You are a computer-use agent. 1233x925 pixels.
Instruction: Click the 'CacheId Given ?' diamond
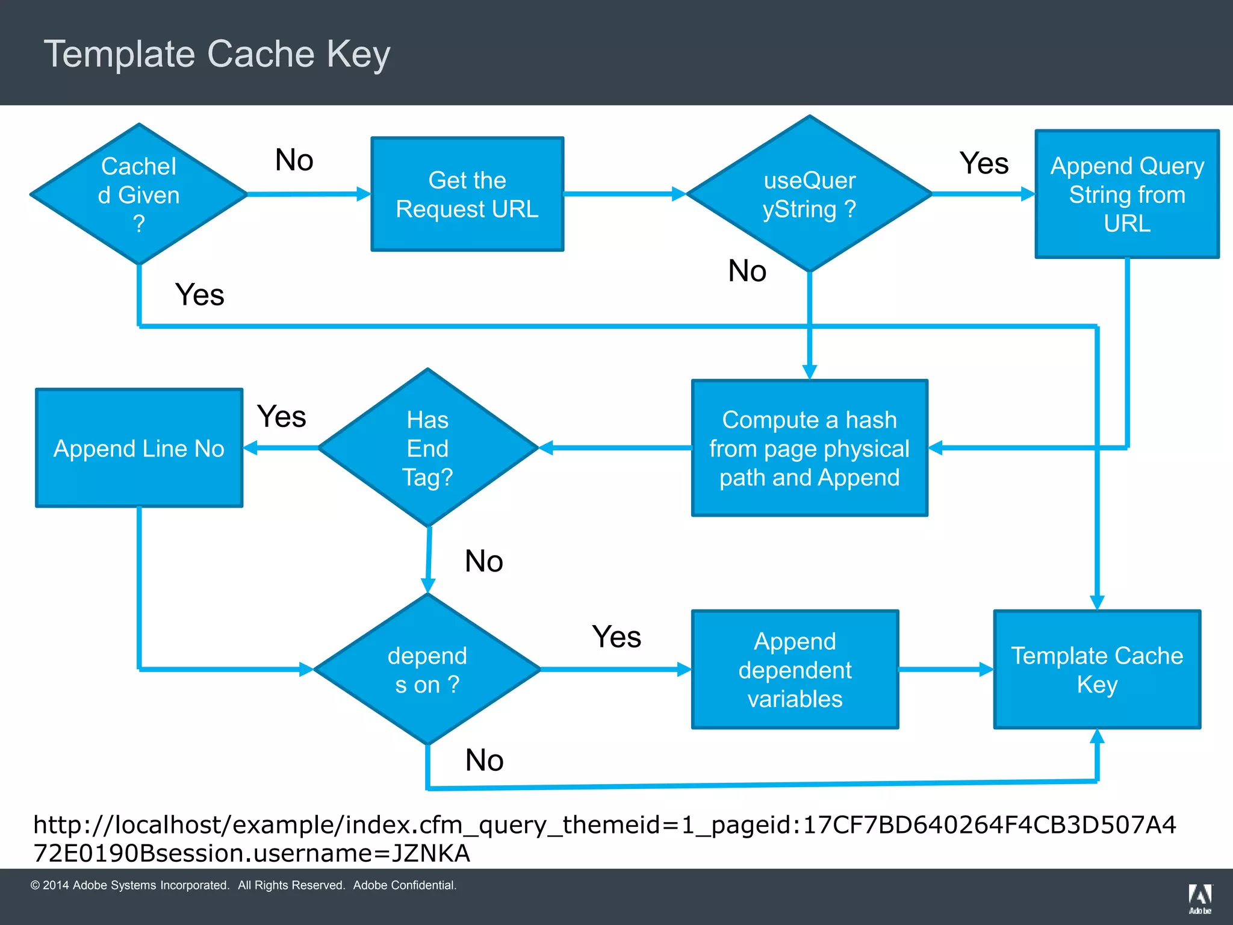(x=139, y=194)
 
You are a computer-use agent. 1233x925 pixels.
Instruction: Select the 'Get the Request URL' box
(x=467, y=194)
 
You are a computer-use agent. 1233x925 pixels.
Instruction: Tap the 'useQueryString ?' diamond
(x=809, y=194)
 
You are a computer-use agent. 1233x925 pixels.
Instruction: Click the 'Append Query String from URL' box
(x=1126, y=194)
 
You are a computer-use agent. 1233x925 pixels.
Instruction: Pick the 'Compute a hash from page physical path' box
(x=809, y=448)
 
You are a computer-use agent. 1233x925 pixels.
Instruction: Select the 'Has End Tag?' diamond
(x=427, y=448)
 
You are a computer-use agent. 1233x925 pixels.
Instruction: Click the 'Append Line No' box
(x=139, y=448)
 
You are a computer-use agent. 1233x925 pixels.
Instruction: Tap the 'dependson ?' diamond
(x=427, y=669)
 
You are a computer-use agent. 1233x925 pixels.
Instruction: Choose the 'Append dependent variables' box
(x=795, y=669)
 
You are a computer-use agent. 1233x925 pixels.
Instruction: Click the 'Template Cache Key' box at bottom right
(x=1097, y=669)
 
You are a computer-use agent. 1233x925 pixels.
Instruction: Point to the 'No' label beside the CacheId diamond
(x=294, y=160)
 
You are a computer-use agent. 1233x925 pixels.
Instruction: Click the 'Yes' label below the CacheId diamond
(x=199, y=294)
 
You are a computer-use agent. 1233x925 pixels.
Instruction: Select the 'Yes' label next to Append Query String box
(x=984, y=163)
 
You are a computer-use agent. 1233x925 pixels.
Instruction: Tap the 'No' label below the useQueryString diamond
(x=747, y=271)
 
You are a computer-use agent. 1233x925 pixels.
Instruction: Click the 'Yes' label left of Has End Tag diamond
(x=281, y=417)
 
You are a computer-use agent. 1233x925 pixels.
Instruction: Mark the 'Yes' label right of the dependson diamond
(x=616, y=637)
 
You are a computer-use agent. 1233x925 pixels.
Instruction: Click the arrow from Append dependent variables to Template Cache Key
(x=945, y=669)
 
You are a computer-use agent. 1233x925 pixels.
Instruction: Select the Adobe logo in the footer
(x=1199, y=898)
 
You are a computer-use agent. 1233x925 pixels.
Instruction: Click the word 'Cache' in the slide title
(x=260, y=54)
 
